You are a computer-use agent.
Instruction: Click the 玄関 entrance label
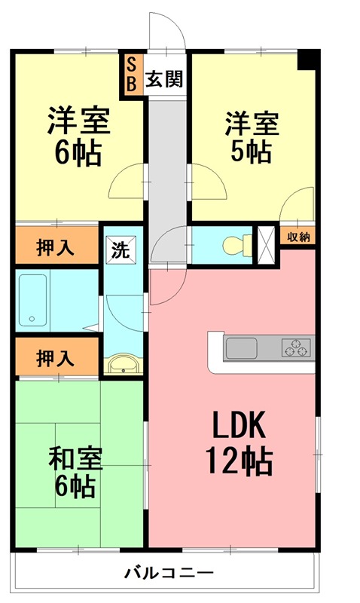164,79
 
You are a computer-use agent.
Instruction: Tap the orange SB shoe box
131,73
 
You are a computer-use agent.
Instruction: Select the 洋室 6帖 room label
78,136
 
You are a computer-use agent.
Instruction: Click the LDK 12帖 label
241,443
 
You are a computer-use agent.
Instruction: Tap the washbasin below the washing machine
122,366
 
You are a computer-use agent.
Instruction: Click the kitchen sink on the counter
243,348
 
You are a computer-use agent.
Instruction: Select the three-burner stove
295,347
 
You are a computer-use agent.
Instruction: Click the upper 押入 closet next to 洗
56,248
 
